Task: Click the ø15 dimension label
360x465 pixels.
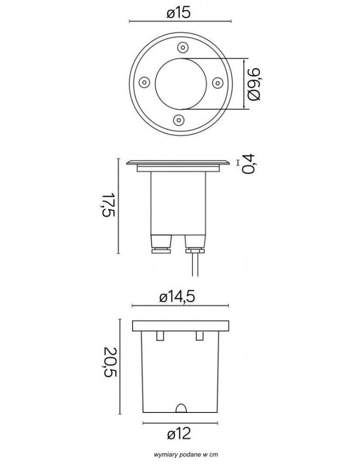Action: click(x=180, y=13)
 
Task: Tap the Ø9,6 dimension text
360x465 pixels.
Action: click(x=254, y=84)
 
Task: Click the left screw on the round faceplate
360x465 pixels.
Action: click(x=144, y=82)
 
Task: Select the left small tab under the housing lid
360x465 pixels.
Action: click(x=160, y=335)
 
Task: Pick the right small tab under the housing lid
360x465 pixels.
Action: click(x=200, y=335)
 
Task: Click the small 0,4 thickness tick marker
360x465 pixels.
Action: click(x=238, y=162)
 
